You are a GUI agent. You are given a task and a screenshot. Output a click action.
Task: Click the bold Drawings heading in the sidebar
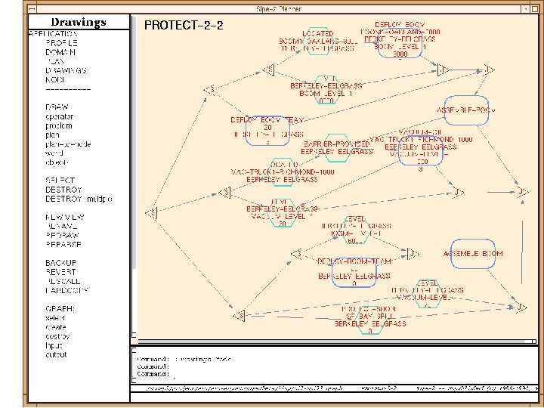tap(79, 22)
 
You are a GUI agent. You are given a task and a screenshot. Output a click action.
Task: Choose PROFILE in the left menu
tap(61, 43)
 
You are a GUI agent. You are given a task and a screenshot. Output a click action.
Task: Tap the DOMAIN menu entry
tap(60, 52)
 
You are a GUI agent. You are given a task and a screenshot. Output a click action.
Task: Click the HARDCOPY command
tap(66, 290)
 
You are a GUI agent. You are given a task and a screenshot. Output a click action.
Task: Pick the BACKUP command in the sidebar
tap(60, 263)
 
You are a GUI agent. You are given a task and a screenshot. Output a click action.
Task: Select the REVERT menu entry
tap(60, 272)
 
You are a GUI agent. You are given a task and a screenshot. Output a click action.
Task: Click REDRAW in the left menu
tap(61, 235)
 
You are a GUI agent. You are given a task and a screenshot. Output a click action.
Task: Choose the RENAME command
tap(61, 226)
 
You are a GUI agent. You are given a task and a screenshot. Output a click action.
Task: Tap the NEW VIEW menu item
tap(63, 217)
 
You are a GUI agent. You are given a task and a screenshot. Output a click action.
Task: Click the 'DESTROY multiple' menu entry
tap(79, 199)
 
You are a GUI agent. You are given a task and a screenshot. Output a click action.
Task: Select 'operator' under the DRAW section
tap(60, 116)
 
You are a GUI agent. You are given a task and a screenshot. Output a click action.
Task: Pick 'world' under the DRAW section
tap(55, 153)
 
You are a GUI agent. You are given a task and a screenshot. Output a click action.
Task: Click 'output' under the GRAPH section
tap(56, 354)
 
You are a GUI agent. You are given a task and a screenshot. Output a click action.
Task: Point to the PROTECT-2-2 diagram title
tap(184, 25)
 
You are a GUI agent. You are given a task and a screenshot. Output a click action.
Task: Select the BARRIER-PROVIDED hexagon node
tap(336, 147)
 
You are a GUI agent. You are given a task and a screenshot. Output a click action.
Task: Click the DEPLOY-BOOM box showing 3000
tap(400, 42)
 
